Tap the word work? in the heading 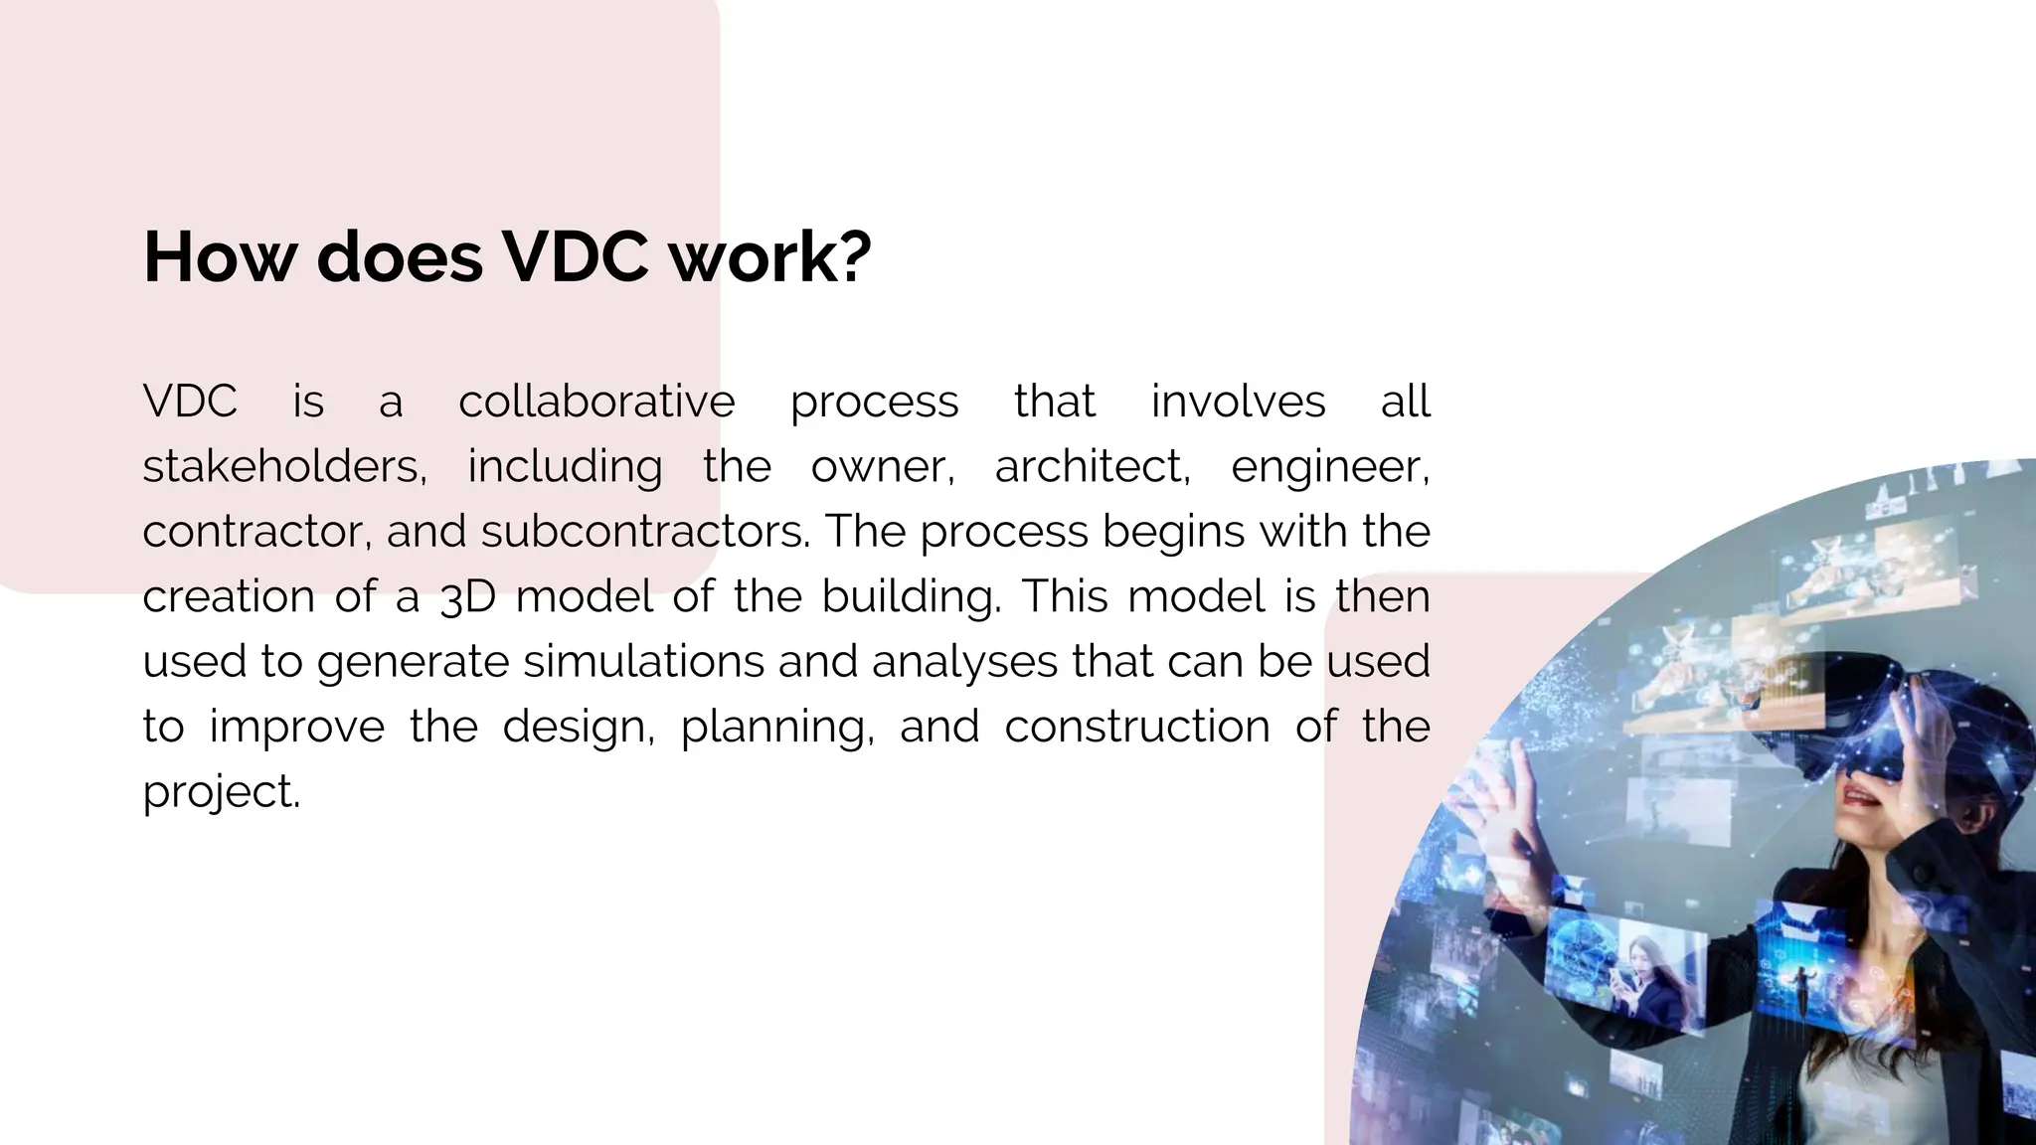(x=769, y=257)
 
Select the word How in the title (x=220, y=257)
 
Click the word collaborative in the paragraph (x=596, y=402)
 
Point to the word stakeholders (x=284, y=466)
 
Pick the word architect (x=1092, y=466)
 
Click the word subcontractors (x=645, y=532)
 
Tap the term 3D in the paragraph (x=467, y=597)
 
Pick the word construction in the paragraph (x=1137, y=727)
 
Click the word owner (x=882, y=467)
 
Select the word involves (x=1238, y=402)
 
